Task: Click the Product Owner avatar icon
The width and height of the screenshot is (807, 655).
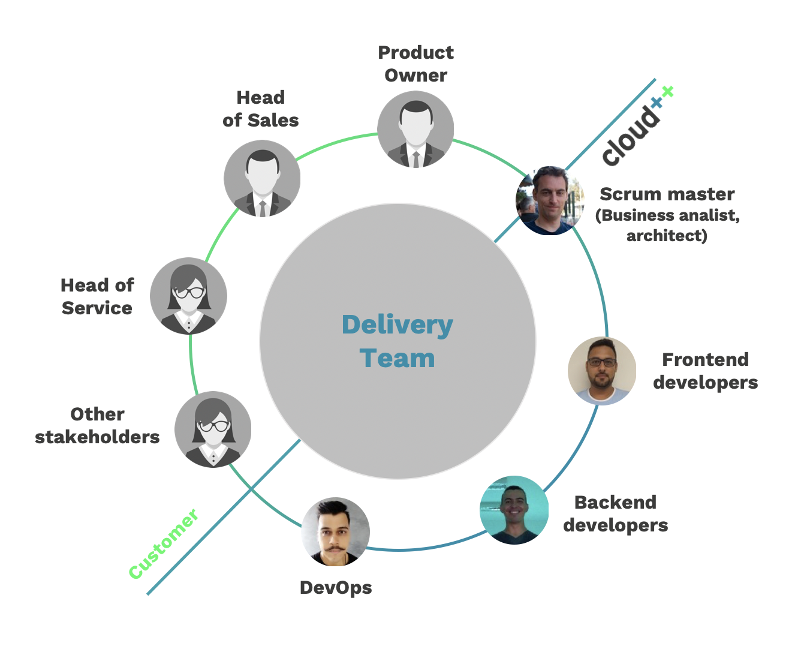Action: [415, 130]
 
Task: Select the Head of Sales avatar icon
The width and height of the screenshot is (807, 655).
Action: [262, 179]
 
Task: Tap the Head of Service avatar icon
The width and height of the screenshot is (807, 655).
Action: [188, 296]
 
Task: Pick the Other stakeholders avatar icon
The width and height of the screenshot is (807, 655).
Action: [213, 429]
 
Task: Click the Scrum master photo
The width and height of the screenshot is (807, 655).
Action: [550, 200]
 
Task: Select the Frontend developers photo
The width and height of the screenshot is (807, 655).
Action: [602, 371]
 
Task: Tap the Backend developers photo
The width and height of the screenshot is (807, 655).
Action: [514, 510]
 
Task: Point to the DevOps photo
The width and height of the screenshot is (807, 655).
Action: [335, 532]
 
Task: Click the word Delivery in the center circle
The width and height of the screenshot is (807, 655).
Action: [398, 325]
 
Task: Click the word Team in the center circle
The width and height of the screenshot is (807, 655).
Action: [398, 359]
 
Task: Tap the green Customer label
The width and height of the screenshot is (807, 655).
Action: [163, 544]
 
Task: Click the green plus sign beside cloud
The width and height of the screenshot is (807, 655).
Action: [667, 92]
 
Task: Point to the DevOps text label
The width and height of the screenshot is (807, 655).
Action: [336, 588]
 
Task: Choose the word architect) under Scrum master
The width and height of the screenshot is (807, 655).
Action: [667, 236]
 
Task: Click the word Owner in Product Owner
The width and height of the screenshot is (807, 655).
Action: [415, 76]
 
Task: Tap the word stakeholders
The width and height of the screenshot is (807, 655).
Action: [97, 437]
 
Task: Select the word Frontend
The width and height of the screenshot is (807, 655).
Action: [705, 360]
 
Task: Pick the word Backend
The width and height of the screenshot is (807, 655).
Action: [615, 503]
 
